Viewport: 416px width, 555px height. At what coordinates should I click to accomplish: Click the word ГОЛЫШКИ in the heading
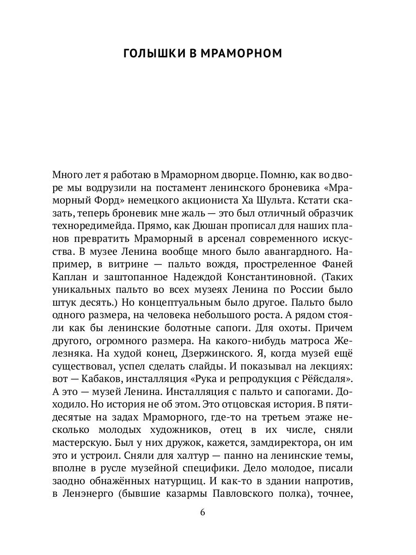click(x=152, y=54)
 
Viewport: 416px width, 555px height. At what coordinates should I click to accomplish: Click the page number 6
click(x=202, y=512)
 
